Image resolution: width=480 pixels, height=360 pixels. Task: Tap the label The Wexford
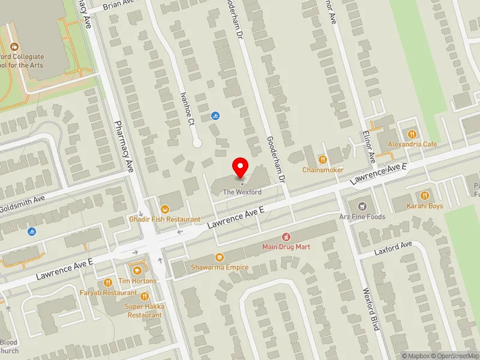pyautogui.click(x=242, y=192)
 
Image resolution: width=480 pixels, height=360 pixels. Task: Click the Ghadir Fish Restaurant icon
pyautogui.click(x=163, y=208)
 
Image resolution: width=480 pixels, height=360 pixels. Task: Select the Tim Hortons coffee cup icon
pyautogui.click(x=136, y=269)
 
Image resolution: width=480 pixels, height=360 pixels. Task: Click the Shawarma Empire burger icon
pyautogui.click(x=220, y=256)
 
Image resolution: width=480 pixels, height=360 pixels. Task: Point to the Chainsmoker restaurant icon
pyautogui.click(x=323, y=159)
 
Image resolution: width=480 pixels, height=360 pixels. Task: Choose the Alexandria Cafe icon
pyautogui.click(x=412, y=134)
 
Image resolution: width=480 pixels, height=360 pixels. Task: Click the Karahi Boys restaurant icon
pyautogui.click(x=425, y=195)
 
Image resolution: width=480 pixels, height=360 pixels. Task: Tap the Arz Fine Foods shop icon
pyautogui.click(x=361, y=206)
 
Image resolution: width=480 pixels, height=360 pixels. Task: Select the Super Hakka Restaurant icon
pyautogui.click(x=144, y=296)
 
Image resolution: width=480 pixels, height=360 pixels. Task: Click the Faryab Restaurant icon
pyautogui.click(x=109, y=282)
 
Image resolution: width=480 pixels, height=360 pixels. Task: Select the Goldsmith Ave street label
pyautogui.click(x=22, y=199)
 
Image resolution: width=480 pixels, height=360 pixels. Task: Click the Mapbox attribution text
pyautogui.click(x=418, y=356)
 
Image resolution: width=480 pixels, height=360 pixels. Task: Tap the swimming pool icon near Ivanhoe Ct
pyautogui.click(x=215, y=116)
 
